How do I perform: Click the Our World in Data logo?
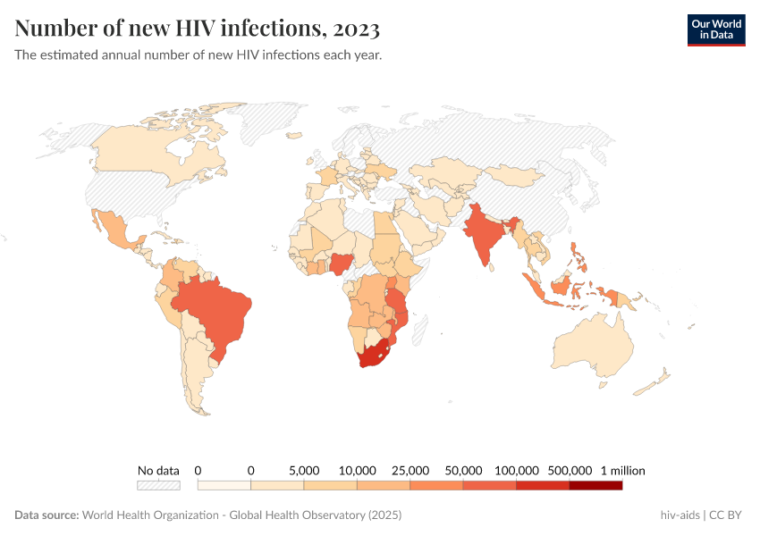coord(715,29)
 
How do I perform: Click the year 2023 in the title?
coord(356,29)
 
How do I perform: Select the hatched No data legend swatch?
coord(158,485)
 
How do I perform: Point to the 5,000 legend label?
coord(304,470)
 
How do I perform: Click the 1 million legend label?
coord(622,470)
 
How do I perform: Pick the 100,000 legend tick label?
coord(516,470)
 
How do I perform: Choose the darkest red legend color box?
coord(595,485)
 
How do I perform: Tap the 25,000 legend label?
coord(410,470)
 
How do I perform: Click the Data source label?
coord(46,515)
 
